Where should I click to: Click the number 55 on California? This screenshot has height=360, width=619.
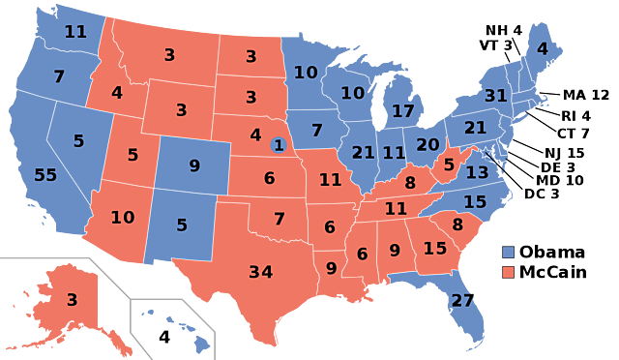pos(45,175)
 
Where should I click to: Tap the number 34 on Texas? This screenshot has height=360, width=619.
pos(260,272)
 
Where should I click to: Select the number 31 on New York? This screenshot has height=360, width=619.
pos(495,96)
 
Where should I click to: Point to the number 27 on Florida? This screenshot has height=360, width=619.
pos(462,300)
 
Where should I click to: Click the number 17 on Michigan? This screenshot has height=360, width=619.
pos(402,111)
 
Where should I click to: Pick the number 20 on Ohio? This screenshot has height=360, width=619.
pos(427,145)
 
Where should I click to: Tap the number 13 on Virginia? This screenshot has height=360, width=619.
pos(477,172)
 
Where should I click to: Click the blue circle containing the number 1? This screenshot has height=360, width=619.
pos(279,145)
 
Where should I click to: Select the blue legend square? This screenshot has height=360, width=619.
pos(508,252)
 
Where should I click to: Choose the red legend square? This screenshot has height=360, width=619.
pos(508,272)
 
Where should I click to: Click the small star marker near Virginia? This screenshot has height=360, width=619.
pos(486,153)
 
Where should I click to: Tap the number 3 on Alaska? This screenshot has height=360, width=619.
pos(72,300)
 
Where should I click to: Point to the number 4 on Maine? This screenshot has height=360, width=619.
pos(542,48)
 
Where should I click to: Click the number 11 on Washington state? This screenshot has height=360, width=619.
pos(75,31)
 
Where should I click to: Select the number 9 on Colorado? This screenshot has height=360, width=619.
pos(194,165)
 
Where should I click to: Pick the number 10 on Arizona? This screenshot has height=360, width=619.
pos(122,218)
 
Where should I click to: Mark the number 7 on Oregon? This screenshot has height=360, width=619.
pos(59,76)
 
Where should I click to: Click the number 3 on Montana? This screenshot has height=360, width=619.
pos(169,55)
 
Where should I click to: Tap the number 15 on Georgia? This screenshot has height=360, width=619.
pos(435,249)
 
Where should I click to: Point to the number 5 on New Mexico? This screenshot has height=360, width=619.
pos(182,225)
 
